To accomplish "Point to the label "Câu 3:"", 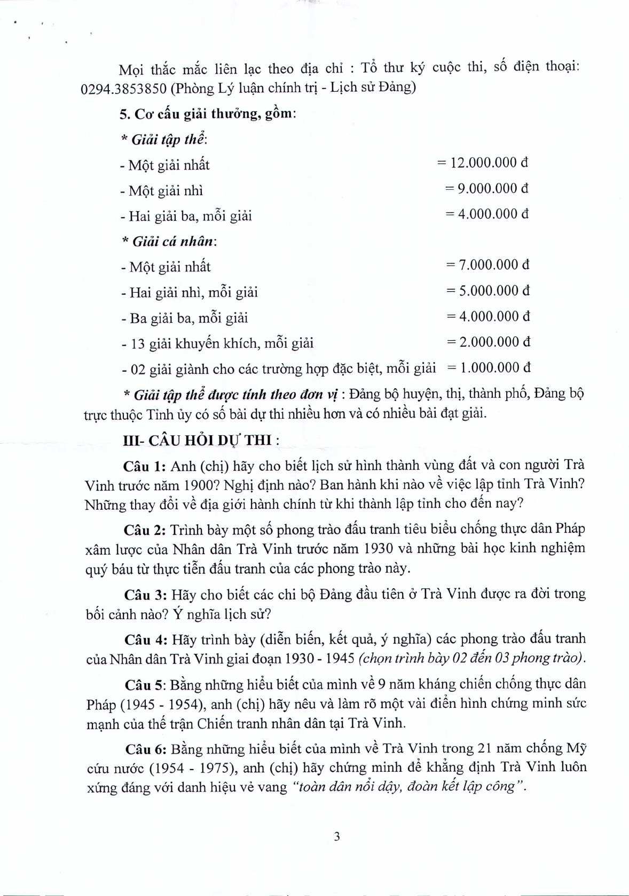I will [146, 594].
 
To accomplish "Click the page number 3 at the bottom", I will [336, 836].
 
